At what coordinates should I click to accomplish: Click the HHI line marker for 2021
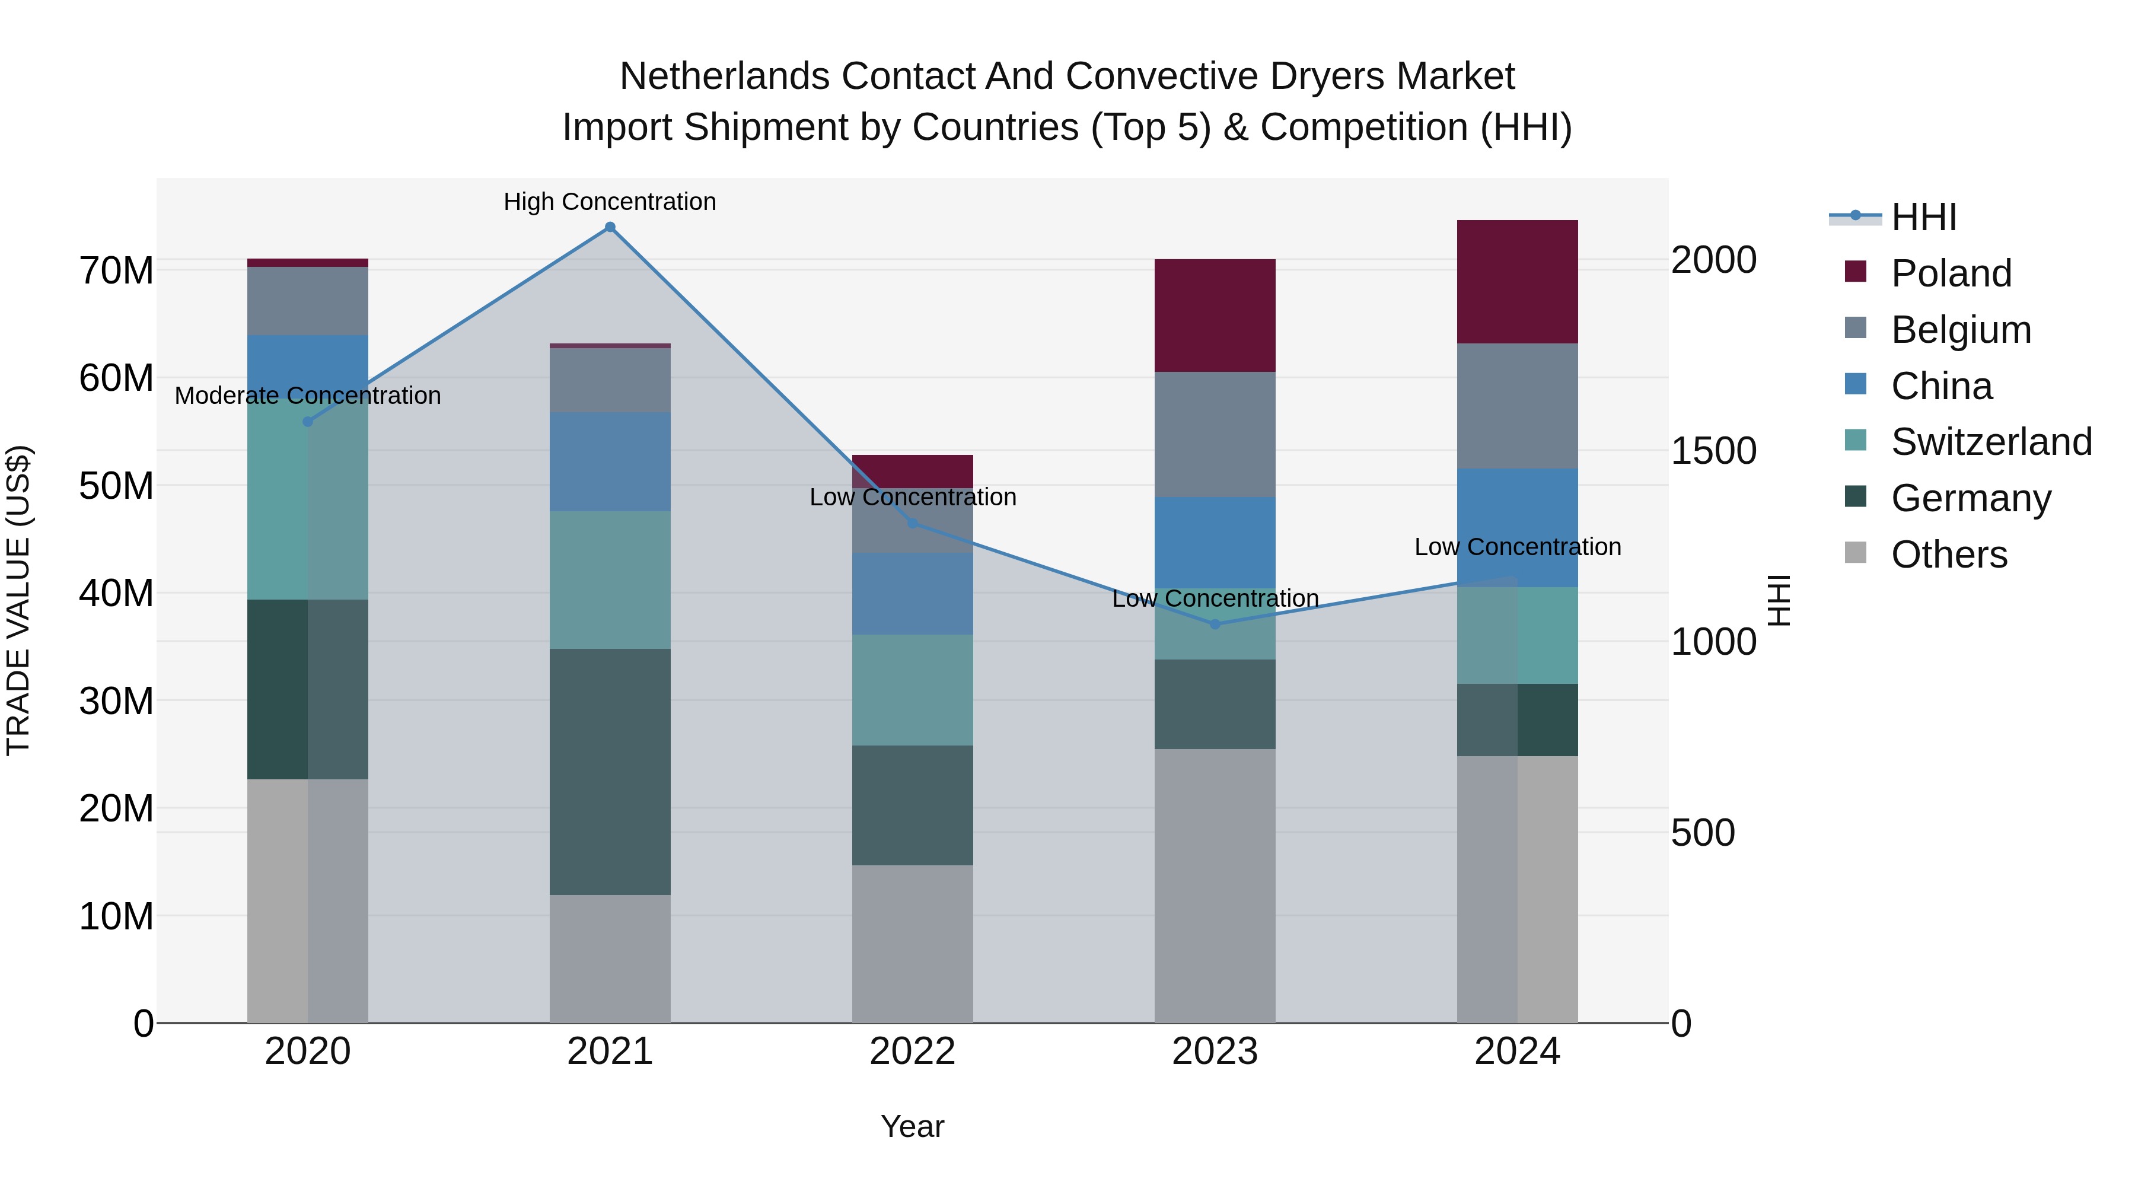click(610, 227)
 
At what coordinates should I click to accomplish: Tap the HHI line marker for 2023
click(1215, 624)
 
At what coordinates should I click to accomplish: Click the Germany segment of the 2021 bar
click(610, 771)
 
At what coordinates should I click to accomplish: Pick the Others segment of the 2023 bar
click(1215, 885)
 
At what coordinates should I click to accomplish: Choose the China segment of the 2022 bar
click(913, 594)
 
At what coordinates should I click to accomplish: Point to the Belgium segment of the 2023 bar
click(1215, 434)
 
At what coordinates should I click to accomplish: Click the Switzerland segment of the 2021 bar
click(610, 579)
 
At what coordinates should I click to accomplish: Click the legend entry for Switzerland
click(1991, 442)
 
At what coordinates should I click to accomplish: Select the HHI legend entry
click(1923, 217)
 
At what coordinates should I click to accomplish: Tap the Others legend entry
click(1948, 555)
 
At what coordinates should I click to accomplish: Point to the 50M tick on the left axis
click(116, 486)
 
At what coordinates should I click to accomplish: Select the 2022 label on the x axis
click(913, 1052)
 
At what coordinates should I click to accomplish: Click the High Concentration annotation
click(610, 202)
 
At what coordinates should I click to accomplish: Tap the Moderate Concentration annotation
click(307, 396)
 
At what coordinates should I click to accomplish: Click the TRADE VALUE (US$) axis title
click(18, 600)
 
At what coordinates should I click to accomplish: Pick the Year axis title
click(913, 1126)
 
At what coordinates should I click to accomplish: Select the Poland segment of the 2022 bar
click(913, 471)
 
